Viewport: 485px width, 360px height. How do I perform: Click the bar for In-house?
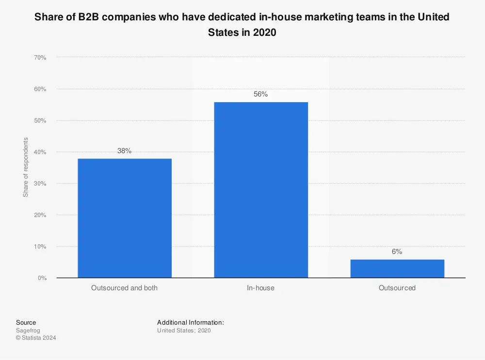[x=261, y=190]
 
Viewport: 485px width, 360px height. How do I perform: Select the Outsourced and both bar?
[x=124, y=218]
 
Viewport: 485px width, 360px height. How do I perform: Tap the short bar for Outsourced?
[x=397, y=269]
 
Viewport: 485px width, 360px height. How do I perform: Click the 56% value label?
[x=261, y=94]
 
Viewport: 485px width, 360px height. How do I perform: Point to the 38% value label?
[x=124, y=151]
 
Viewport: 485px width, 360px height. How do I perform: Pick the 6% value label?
[x=397, y=252]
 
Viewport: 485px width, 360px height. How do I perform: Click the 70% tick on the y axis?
[x=40, y=58]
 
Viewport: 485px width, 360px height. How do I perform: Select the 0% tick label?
[x=42, y=278]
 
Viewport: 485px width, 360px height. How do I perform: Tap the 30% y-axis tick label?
[x=40, y=184]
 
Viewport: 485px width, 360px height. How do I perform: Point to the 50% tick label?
[x=40, y=121]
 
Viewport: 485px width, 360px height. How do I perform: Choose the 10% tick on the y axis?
[x=40, y=247]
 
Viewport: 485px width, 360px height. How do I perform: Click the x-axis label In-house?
[x=261, y=288]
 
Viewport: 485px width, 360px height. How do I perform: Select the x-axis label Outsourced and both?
[x=124, y=288]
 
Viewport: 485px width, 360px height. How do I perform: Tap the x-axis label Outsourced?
[x=397, y=288]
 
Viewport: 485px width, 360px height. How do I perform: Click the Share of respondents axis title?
[x=26, y=168]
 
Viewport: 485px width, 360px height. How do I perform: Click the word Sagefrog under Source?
[x=28, y=330]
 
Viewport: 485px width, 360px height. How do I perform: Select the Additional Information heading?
[x=190, y=322]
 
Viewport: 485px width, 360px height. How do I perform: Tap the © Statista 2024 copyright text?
[x=36, y=338]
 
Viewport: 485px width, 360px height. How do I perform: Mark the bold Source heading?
[x=26, y=322]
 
